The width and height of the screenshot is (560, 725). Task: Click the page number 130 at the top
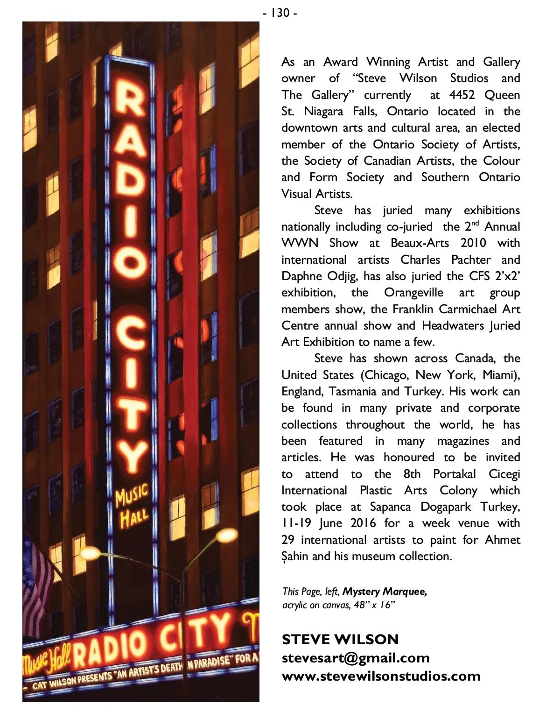[280, 13]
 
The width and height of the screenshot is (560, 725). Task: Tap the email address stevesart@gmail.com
[356, 658]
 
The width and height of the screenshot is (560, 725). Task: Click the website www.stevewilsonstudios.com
[381, 676]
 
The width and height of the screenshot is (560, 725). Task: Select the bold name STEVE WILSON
[340, 639]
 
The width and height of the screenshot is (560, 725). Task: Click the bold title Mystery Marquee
[385, 591]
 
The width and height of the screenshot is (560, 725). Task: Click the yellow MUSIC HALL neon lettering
[133, 506]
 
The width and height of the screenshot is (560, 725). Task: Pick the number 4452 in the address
[462, 95]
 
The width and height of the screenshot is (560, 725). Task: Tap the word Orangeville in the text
[413, 293]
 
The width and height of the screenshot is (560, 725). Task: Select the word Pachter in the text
[471, 260]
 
